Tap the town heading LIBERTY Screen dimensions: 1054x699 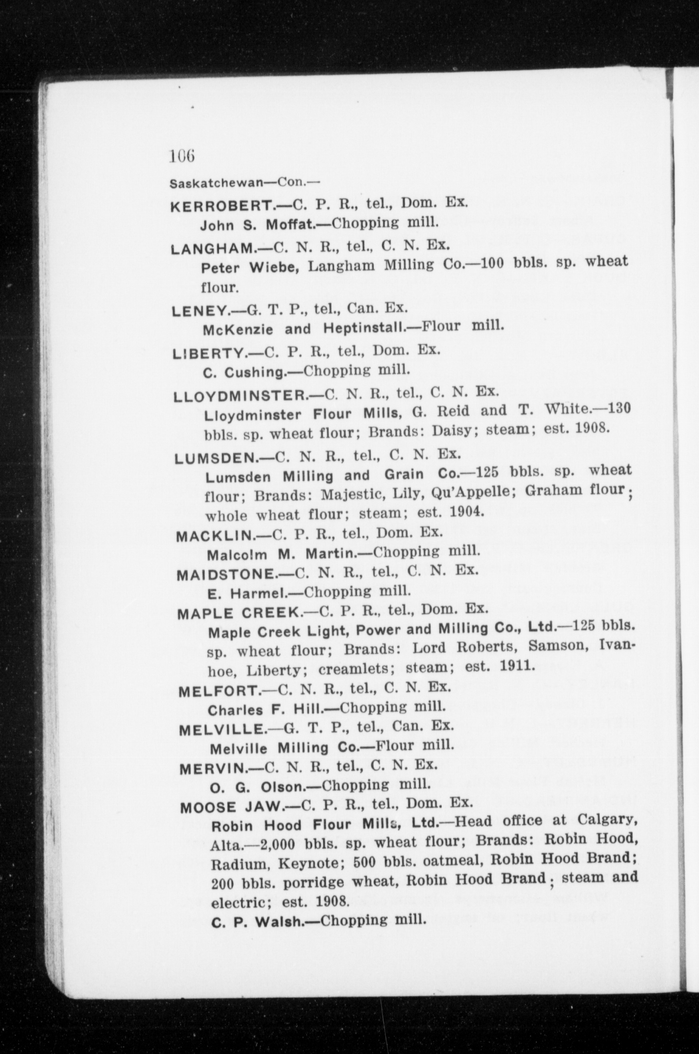(209, 353)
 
